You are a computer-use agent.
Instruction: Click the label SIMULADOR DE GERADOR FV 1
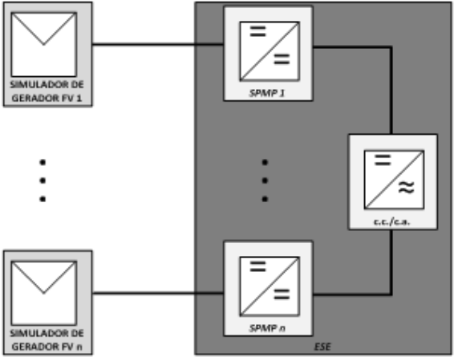point(47,91)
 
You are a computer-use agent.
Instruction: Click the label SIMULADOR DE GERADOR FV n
point(47,340)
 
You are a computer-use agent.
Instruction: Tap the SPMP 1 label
point(267,93)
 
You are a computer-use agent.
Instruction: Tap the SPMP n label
point(267,328)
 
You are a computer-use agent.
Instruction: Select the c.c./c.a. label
point(391,221)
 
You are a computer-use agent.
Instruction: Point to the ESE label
point(322,347)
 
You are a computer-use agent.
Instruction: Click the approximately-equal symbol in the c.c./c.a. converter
point(406,187)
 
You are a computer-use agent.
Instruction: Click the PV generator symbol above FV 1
point(44,44)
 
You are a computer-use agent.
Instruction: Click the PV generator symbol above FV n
point(44,293)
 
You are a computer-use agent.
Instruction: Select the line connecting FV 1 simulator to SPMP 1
point(158,44)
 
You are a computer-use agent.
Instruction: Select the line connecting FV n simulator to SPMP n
point(158,294)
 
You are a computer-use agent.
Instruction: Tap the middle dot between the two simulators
point(43,180)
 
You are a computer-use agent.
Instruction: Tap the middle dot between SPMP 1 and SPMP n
point(265,180)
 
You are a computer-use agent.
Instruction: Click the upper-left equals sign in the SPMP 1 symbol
point(257,31)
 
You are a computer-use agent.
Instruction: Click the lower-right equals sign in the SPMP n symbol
point(282,294)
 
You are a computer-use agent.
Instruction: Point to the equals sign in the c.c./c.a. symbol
point(383,160)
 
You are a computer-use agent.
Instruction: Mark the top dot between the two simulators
point(43,162)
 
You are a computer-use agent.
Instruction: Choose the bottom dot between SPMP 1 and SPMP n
point(265,199)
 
